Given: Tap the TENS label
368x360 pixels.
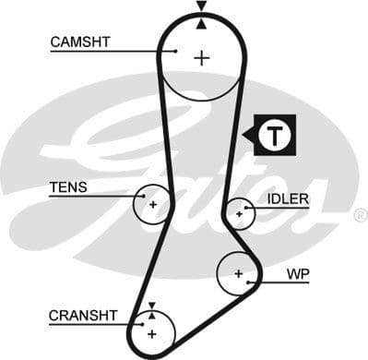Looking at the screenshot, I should click(68, 187).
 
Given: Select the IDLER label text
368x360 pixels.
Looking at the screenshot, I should click(288, 198).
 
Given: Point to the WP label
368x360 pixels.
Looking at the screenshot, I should click(297, 274).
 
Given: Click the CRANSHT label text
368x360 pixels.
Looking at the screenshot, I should click(83, 316).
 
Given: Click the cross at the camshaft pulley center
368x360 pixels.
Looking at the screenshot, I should click(201, 57).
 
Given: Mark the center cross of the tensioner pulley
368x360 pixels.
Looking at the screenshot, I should click(153, 204).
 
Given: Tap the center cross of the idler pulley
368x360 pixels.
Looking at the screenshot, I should click(239, 213).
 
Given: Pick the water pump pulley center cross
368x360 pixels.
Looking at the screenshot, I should click(238, 273).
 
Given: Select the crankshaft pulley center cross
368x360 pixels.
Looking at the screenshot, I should click(152, 331).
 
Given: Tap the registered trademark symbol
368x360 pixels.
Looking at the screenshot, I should click(359, 215).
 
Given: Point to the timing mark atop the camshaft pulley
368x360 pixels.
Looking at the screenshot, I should click(201, 8).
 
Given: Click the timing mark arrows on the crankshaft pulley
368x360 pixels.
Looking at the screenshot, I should click(152, 309).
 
